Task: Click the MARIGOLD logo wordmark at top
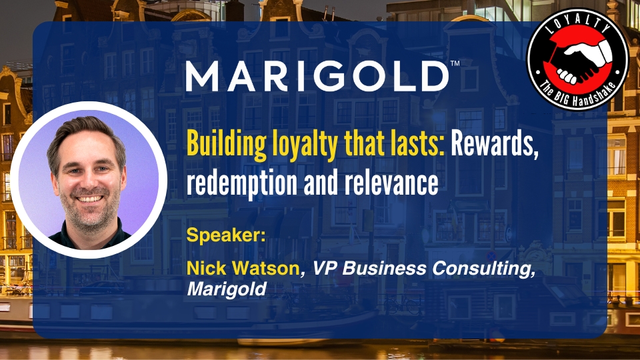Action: click(x=317, y=76)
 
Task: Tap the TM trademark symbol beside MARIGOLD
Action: click(x=455, y=63)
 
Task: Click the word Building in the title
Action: click(x=227, y=145)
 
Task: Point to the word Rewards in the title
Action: click(x=495, y=144)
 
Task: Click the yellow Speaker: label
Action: click(x=226, y=235)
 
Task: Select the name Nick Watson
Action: click(x=243, y=268)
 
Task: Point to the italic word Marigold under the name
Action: click(x=227, y=289)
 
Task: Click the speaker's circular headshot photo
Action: click(x=89, y=180)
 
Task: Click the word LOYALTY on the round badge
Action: click(x=579, y=25)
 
